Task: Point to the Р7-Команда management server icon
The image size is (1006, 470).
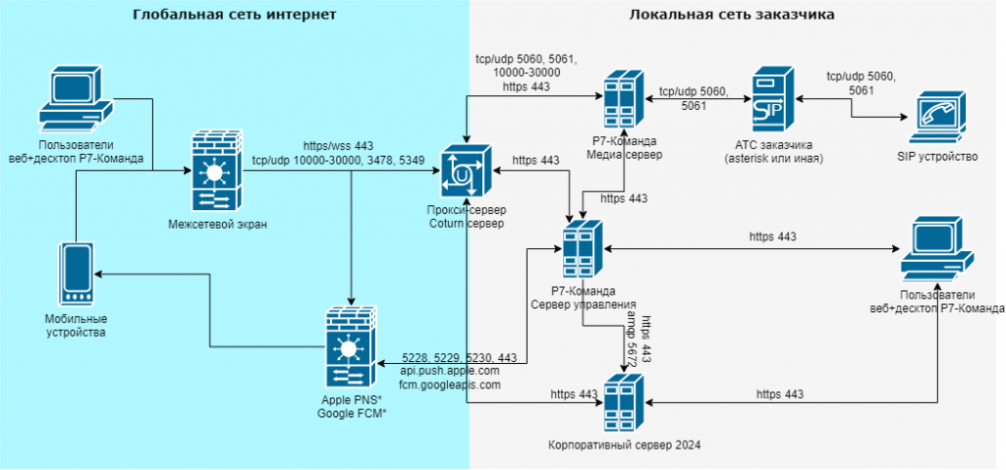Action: tap(582, 249)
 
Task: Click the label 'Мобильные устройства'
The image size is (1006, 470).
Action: tap(76, 326)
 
